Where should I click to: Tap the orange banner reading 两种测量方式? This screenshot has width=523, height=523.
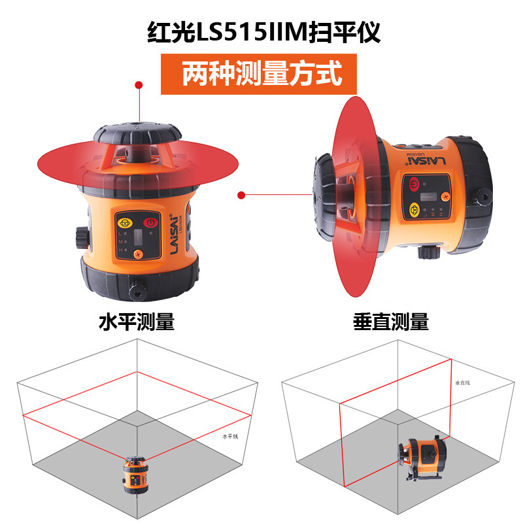(261, 73)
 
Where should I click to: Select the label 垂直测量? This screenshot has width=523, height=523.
(391, 322)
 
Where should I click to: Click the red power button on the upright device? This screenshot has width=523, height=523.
(151, 222)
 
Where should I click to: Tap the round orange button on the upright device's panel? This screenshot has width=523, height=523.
(138, 254)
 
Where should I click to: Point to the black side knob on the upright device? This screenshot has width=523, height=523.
(80, 237)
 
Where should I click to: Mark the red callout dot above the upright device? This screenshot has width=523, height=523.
(139, 85)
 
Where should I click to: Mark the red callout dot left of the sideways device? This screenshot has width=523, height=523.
(241, 194)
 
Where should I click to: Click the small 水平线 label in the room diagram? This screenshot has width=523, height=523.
(231, 436)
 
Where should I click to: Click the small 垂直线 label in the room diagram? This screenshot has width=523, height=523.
(463, 382)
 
